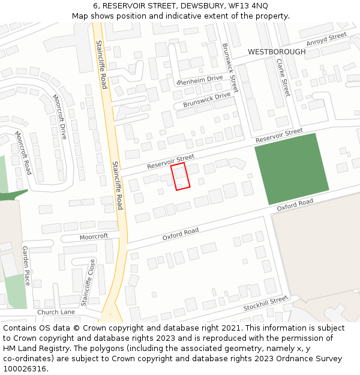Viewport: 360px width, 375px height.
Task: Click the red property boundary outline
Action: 181,177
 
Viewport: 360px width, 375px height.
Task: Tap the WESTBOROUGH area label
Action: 277,52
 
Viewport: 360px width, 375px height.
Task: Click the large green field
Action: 292,169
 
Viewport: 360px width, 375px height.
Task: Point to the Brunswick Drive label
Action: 206,100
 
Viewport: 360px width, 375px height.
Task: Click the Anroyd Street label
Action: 326,40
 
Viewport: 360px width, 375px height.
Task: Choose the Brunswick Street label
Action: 230,67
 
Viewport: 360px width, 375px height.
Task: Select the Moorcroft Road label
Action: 23,153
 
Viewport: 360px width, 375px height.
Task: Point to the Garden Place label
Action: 26,265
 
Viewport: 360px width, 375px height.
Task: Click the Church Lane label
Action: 56,312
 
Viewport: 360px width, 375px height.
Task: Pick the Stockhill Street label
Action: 266,304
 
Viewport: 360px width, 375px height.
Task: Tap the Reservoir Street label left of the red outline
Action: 171,161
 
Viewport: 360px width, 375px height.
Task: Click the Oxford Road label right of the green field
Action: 295,205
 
